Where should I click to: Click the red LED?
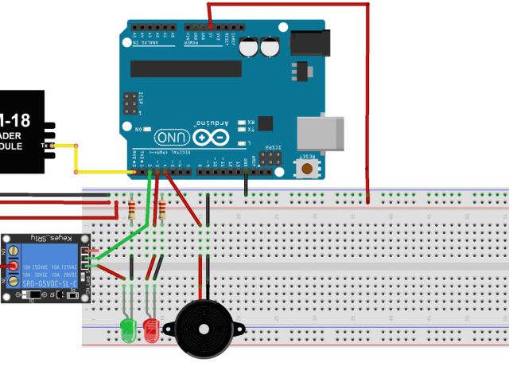[150, 328]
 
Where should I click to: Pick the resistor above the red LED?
[163, 210]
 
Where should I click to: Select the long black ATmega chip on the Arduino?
[185, 68]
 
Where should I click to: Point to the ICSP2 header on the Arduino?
[272, 158]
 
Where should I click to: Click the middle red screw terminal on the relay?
[13, 266]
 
